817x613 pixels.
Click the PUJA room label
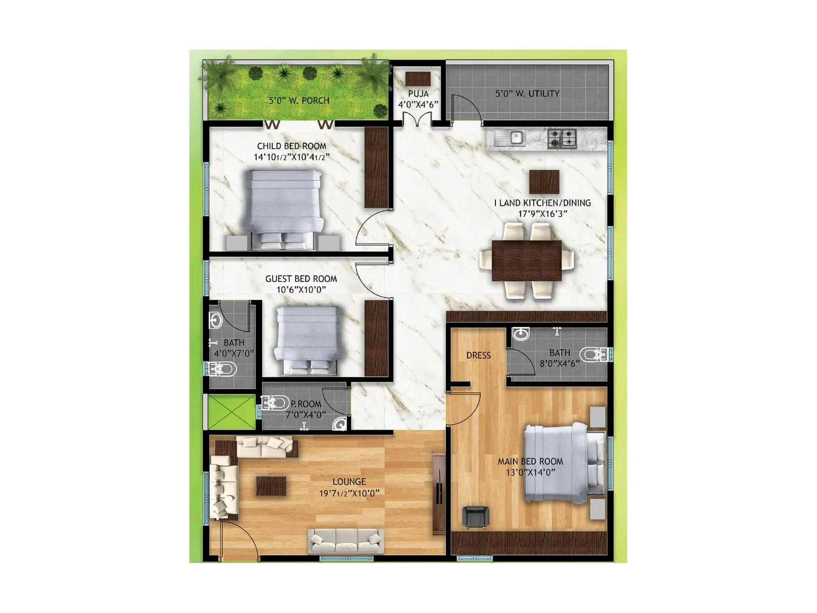point(418,93)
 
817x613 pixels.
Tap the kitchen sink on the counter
point(516,137)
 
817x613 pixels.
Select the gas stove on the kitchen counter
point(562,137)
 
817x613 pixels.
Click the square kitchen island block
point(544,182)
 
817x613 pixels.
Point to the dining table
point(526,260)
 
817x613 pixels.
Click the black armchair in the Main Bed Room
point(475,516)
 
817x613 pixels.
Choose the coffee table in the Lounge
point(271,485)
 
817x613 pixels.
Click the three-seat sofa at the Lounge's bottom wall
point(346,540)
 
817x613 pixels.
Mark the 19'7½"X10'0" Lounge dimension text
point(349,493)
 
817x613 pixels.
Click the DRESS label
point(478,356)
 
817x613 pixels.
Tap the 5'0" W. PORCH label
point(299,101)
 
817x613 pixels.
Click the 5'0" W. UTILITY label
point(527,93)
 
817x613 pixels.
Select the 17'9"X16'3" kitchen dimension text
point(542,214)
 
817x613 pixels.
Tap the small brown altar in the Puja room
point(418,78)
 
